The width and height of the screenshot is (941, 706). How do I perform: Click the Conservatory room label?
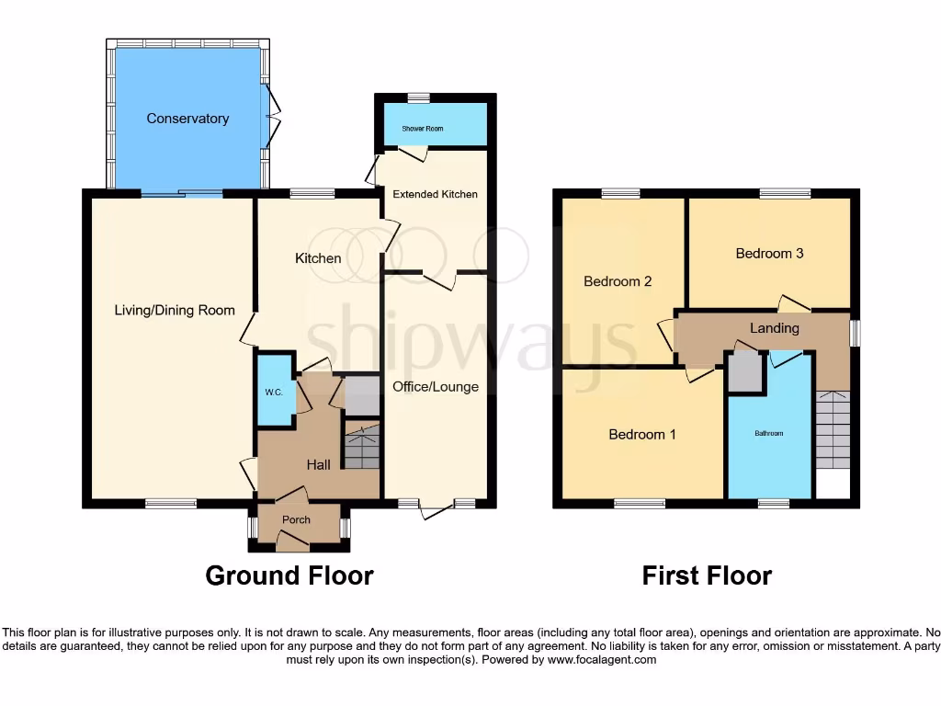[x=187, y=119]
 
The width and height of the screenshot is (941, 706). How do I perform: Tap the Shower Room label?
[x=422, y=129]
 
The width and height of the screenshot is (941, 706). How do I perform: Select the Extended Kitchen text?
[x=436, y=194]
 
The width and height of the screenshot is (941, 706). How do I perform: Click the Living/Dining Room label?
[x=175, y=310]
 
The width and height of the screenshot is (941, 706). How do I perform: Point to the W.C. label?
[x=274, y=392]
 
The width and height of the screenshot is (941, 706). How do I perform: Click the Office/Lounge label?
[x=436, y=386]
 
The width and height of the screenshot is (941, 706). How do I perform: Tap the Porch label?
[x=296, y=520]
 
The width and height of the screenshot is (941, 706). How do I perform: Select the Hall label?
[x=318, y=465]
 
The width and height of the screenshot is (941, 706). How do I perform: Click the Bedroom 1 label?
[x=642, y=434]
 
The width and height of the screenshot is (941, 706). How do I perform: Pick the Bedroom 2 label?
[x=618, y=281]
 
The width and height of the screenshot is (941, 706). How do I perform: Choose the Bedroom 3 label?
[x=769, y=253]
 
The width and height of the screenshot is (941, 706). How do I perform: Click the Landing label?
[x=775, y=327]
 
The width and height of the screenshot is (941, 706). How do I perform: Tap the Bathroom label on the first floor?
[x=769, y=432]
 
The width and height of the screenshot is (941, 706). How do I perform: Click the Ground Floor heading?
[x=289, y=575]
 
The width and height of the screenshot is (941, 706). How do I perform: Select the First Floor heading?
[x=707, y=575]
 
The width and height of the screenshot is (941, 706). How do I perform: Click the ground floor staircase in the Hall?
[x=361, y=446]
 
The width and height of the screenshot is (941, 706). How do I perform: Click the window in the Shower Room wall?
[x=419, y=97]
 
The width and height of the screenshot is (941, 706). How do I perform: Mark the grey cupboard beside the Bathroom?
[x=745, y=372]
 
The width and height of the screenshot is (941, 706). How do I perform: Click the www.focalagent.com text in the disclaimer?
[x=602, y=659]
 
